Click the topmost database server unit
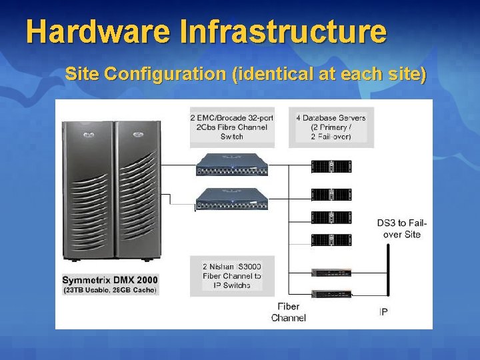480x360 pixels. tap(331, 166)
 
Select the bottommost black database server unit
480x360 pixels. tap(331, 240)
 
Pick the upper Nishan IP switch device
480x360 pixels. tap(331, 272)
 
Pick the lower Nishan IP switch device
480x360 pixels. tap(331, 294)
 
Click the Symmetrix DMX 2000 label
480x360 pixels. tap(110, 279)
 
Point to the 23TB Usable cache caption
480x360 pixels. tap(110, 290)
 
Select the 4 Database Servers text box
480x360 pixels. tap(331, 127)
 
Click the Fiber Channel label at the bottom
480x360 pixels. tap(288, 312)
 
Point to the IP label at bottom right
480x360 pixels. tap(383, 311)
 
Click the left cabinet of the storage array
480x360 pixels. tap(87, 190)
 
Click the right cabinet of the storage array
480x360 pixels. tap(137, 190)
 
